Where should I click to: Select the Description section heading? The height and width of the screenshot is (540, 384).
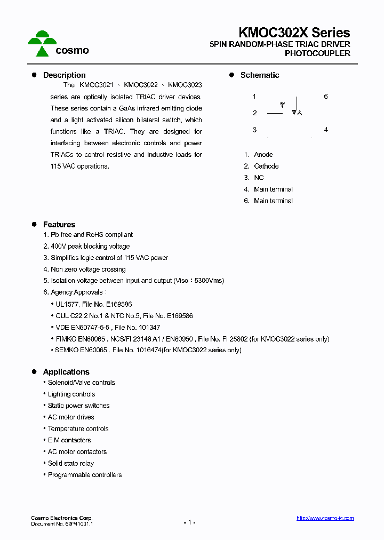coord(64,75)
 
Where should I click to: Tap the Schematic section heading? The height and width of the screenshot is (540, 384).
coord(260,75)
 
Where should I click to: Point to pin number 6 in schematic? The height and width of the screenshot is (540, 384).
coord(326,97)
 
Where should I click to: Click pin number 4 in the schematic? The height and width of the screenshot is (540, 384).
coord(326,130)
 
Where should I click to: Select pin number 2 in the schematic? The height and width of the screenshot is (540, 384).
coord(255,113)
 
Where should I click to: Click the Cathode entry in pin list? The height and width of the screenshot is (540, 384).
coord(266,166)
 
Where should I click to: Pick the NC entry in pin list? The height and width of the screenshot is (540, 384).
coord(259,178)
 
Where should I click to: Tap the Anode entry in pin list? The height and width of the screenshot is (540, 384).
coord(263,155)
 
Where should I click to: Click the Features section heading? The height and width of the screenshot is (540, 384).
coord(59,225)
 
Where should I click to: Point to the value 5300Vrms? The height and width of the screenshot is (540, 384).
coord(210,281)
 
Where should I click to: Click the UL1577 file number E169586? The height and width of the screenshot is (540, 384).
coord(118,304)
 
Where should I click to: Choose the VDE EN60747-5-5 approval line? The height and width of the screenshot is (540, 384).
coord(108,328)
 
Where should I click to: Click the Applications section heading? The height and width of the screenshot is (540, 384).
coord(66,372)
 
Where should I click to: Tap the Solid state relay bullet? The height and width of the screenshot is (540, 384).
coord(71,464)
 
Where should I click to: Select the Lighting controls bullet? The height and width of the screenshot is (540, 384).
coord(71,394)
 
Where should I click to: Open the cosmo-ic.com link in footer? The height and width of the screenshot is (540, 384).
coord(325,518)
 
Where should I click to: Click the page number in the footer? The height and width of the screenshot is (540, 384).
coord(189,522)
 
